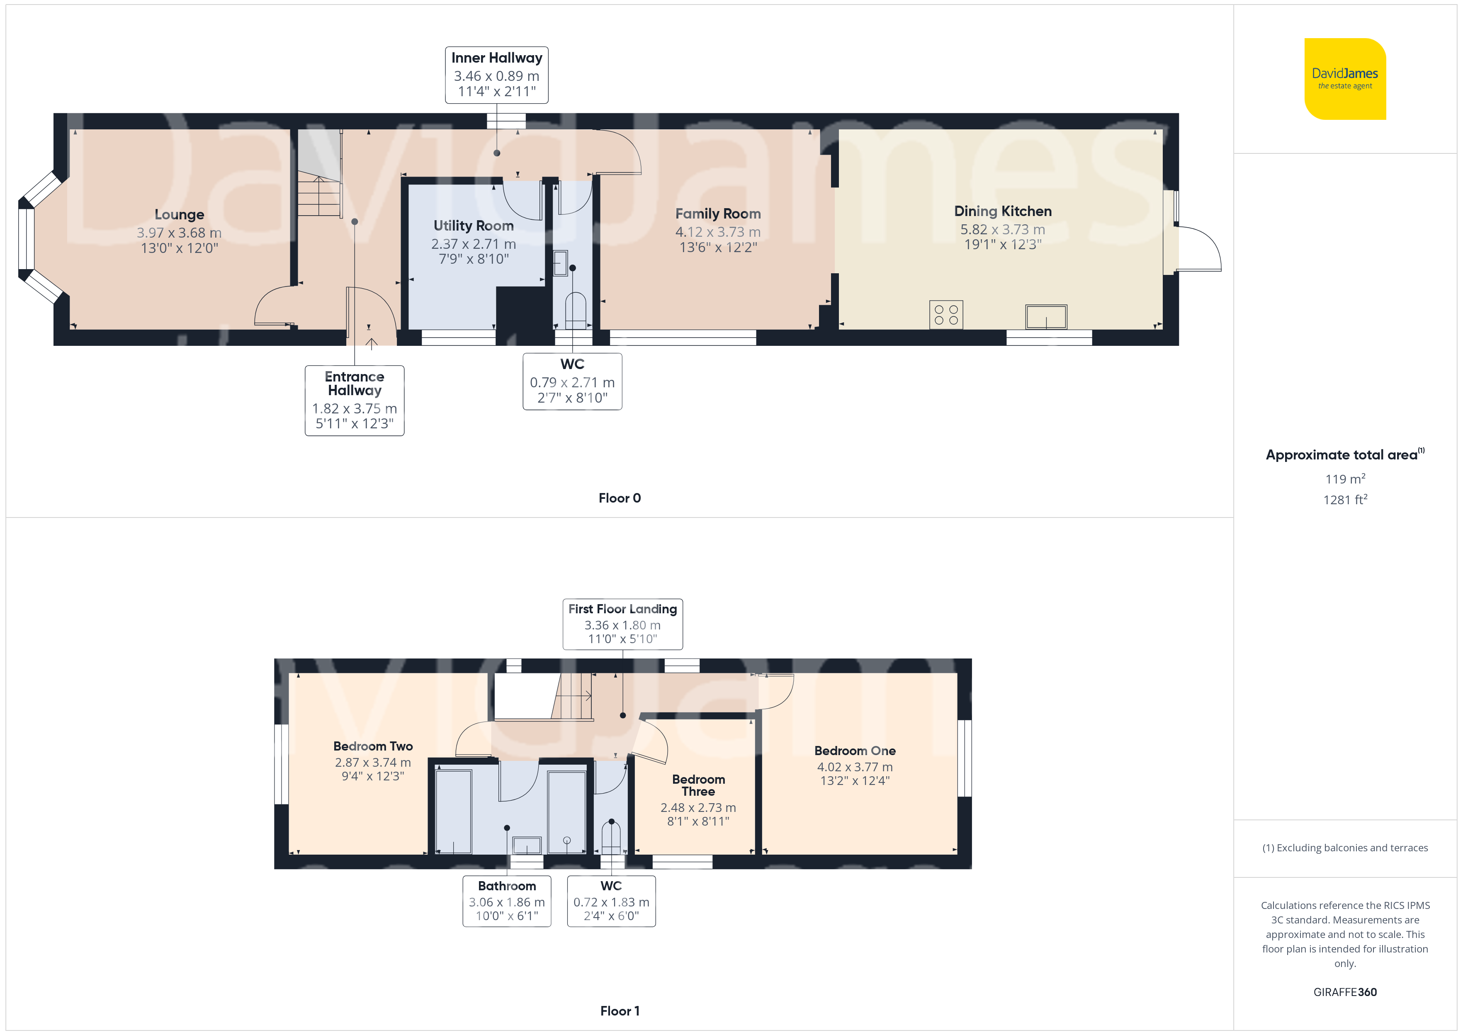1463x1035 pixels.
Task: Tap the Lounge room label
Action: point(179,215)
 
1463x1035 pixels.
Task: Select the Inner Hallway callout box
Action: point(496,75)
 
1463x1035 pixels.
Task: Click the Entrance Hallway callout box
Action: point(354,400)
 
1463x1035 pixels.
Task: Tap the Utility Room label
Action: point(474,226)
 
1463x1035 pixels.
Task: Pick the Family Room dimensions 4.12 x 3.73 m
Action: point(718,232)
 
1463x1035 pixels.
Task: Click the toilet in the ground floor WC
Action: point(576,310)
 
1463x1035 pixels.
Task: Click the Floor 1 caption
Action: point(620,1011)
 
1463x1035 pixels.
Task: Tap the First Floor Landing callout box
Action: point(622,624)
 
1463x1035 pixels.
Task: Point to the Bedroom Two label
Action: point(373,746)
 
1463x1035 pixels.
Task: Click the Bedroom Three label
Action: point(698,785)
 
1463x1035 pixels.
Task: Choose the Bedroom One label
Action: point(855,751)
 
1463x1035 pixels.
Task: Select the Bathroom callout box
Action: point(507,901)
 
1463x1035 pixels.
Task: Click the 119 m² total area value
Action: point(1345,479)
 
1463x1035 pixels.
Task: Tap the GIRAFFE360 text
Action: point(1345,992)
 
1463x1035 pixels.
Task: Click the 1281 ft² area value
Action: point(1345,500)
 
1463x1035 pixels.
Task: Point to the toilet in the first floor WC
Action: point(611,838)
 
